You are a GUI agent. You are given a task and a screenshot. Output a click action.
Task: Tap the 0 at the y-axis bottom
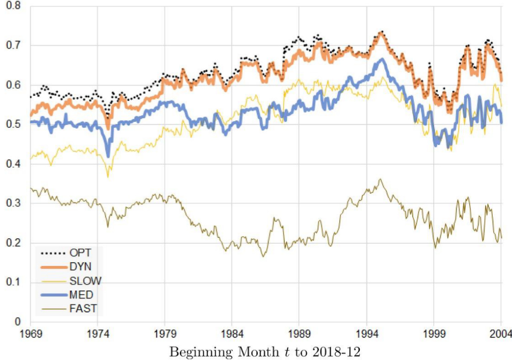(18, 322)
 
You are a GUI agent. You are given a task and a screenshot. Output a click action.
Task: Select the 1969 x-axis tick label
(30, 333)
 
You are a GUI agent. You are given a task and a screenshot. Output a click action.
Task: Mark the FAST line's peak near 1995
(380, 179)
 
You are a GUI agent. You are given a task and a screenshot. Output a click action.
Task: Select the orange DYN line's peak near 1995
(381, 32)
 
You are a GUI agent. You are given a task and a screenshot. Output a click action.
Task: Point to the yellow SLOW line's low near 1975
(108, 176)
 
